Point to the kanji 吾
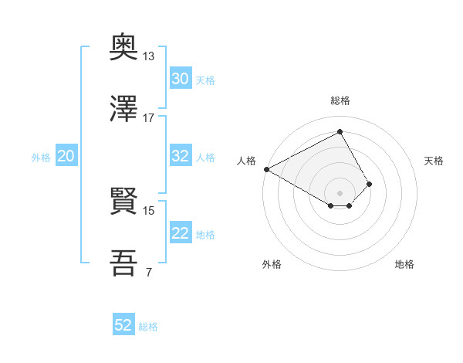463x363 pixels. click(124, 263)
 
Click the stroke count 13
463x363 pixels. click(149, 56)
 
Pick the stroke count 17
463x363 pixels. click(149, 118)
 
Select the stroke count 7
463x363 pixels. click(147, 273)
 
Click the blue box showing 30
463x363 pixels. click(181, 79)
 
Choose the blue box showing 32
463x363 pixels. click(181, 156)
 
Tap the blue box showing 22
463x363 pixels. click(181, 233)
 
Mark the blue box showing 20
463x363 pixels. click(66, 156)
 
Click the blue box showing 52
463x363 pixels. click(123, 325)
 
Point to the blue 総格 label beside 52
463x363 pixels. click(148, 327)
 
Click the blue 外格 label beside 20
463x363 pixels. click(41, 158)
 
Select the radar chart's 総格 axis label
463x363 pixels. click(340, 100)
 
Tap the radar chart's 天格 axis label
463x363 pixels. click(434, 161)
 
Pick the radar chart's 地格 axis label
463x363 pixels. click(404, 264)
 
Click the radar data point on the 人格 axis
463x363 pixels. click(266, 168)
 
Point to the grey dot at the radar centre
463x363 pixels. click(340, 192)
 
